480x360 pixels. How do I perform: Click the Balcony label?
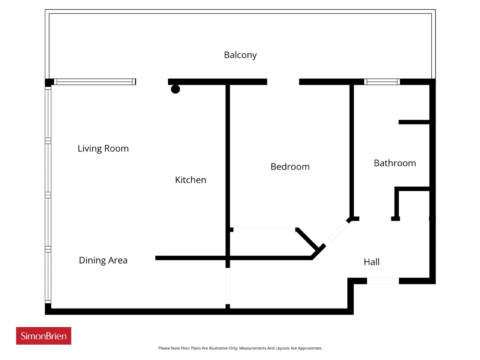click(x=240, y=55)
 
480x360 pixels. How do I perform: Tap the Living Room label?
click(x=103, y=148)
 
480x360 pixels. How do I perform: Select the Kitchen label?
click(x=190, y=180)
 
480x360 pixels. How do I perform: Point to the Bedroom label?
click(x=290, y=167)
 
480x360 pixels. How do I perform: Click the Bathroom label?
click(x=395, y=163)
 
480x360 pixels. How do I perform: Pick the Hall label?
click(x=372, y=262)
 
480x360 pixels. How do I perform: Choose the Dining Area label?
click(x=103, y=260)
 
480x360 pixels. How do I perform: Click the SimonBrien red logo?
click(x=43, y=336)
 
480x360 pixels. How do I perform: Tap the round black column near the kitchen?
click(x=175, y=89)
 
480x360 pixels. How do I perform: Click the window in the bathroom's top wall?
click(x=382, y=82)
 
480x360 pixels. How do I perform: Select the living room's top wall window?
click(x=95, y=82)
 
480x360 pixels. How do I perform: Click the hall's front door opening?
click(x=383, y=281)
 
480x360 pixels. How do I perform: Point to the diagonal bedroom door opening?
click(x=336, y=233)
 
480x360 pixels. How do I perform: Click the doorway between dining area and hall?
click(x=228, y=286)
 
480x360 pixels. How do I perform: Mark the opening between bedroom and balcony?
click(x=283, y=82)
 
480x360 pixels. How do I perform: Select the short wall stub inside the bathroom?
click(x=414, y=122)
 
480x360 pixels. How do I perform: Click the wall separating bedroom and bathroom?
click(x=352, y=151)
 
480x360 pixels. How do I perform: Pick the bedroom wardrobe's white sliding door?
click(x=264, y=229)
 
